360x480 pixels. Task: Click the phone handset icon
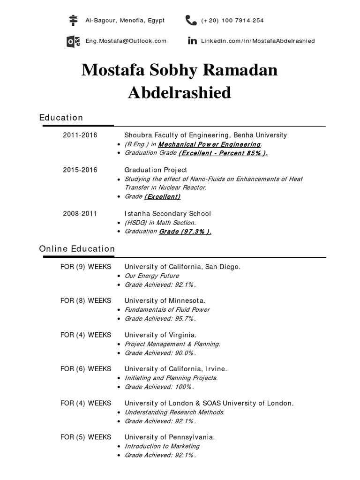pos(191,20)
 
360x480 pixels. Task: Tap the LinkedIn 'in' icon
pos(192,41)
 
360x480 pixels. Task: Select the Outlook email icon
pos(73,41)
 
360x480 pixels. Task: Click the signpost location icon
pos(73,20)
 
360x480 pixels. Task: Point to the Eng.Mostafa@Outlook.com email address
pos(126,41)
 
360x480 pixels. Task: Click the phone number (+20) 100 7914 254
pos(232,21)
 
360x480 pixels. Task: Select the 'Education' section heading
pos(61,118)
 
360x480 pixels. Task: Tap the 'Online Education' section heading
pos(77,249)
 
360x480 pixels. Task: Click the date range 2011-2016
pos(80,135)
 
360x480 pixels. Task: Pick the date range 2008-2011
pos(80,213)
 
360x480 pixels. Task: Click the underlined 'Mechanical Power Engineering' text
pos(210,144)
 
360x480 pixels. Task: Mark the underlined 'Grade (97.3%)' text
pos(185,232)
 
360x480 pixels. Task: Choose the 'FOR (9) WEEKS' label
pos(86,267)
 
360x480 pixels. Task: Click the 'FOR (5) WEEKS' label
pos(86,437)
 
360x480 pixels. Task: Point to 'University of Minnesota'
pos(165,300)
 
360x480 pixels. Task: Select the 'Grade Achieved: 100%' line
pos(159,387)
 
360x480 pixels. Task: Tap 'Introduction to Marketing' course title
pos(162,446)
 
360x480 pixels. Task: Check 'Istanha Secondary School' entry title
pos(167,213)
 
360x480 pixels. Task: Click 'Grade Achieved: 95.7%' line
pos(160,319)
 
